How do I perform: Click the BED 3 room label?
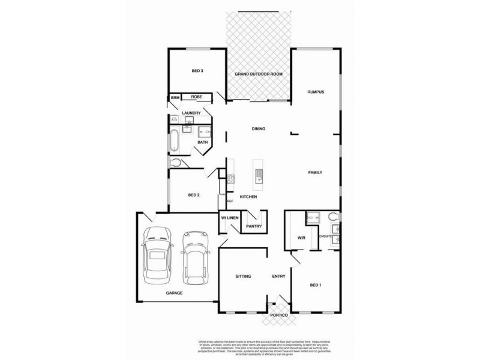click(197, 71)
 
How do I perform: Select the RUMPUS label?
click(316, 92)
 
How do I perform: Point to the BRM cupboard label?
click(175, 97)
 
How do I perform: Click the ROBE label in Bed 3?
click(196, 97)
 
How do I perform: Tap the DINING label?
click(259, 129)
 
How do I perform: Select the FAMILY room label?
click(316, 173)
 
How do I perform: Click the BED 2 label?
click(193, 195)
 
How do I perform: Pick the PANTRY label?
click(253, 226)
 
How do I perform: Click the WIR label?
click(302, 238)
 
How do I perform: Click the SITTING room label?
click(242, 276)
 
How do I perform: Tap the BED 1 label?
click(316, 286)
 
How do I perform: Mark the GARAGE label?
click(175, 293)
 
